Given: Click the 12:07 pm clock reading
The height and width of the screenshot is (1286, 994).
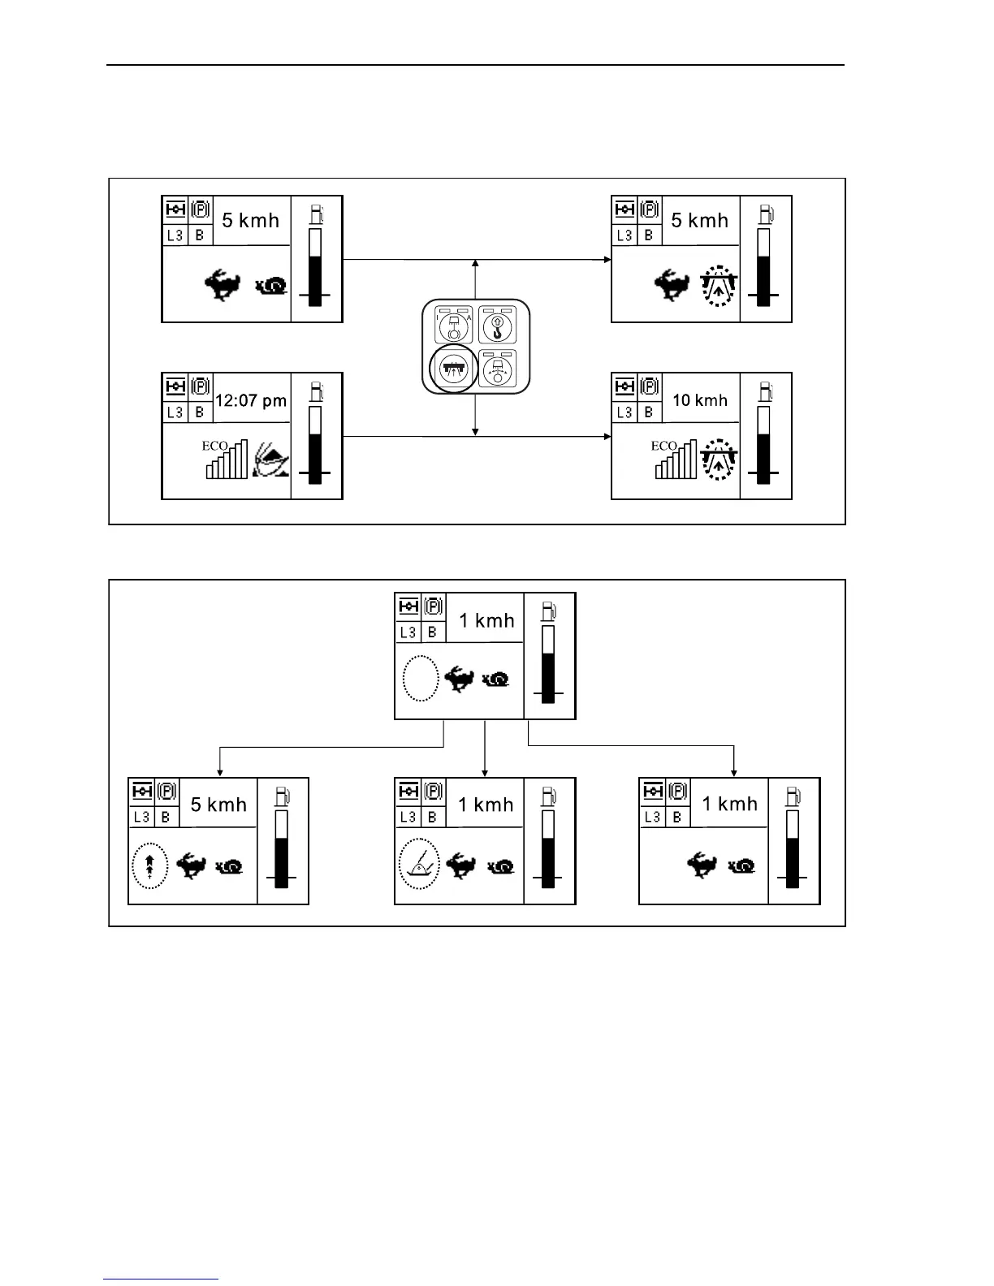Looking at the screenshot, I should (x=250, y=400).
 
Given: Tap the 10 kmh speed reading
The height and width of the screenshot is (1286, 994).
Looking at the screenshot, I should (x=700, y=400).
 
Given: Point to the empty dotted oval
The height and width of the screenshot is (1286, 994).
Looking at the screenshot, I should (x=421, y=679).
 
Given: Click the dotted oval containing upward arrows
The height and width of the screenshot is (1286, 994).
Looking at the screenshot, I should (x=149, y=866).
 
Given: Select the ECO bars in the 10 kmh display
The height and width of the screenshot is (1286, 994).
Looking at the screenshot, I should (x=676, y=460).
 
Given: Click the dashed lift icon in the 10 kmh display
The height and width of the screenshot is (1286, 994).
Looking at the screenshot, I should (x=718, y=460).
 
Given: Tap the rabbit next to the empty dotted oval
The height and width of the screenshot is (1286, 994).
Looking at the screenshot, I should (x=459, y=679).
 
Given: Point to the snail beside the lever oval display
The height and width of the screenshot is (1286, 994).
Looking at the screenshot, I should (x=501, y=867).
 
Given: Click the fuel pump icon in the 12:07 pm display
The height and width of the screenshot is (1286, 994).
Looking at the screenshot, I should (x=316, y=391).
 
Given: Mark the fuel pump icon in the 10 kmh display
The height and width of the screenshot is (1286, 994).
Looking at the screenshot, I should (x=765, y=391).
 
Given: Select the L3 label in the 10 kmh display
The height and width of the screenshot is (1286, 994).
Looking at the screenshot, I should (x=624, y=412).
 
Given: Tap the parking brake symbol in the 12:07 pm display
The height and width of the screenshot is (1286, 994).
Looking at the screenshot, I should (x=200, y=386).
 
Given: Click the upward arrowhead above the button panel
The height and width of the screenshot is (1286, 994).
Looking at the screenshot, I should (x=475, y=264).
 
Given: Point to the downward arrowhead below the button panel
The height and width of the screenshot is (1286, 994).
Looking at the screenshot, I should (x=475, y=431).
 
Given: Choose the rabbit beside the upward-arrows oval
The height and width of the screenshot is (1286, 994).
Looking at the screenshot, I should (x=192, y=865).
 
